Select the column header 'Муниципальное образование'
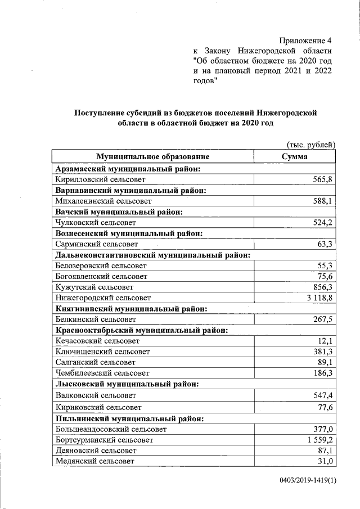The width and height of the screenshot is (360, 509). click(x=152, y=157)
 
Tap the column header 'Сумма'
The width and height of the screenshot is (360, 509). click(x=295, y=157)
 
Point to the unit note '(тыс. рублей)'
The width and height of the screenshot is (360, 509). click(x=311, y=145)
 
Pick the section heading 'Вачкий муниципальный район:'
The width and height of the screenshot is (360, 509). click(x=120, y=211)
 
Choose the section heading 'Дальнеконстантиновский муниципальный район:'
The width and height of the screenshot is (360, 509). click(x=152, y=255)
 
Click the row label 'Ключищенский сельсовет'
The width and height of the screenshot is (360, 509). click(x=103, y=352)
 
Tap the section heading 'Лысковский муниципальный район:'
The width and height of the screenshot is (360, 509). click(x=127, y=384)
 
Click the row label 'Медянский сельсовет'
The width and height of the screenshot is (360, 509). click(x=95, y=461)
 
